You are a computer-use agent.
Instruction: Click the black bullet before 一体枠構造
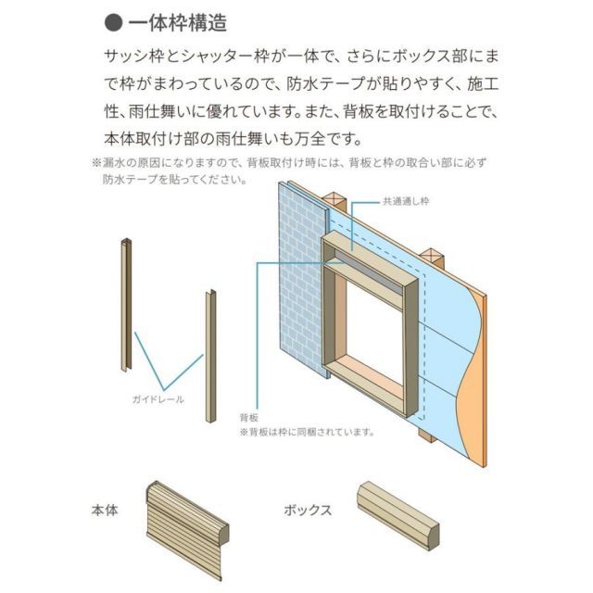(111, 19)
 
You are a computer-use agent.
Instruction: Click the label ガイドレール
(158, 399)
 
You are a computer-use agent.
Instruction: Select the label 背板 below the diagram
(248, 417)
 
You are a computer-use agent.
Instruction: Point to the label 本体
(105, 510)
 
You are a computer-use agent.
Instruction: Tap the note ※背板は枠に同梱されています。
(308, 432)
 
